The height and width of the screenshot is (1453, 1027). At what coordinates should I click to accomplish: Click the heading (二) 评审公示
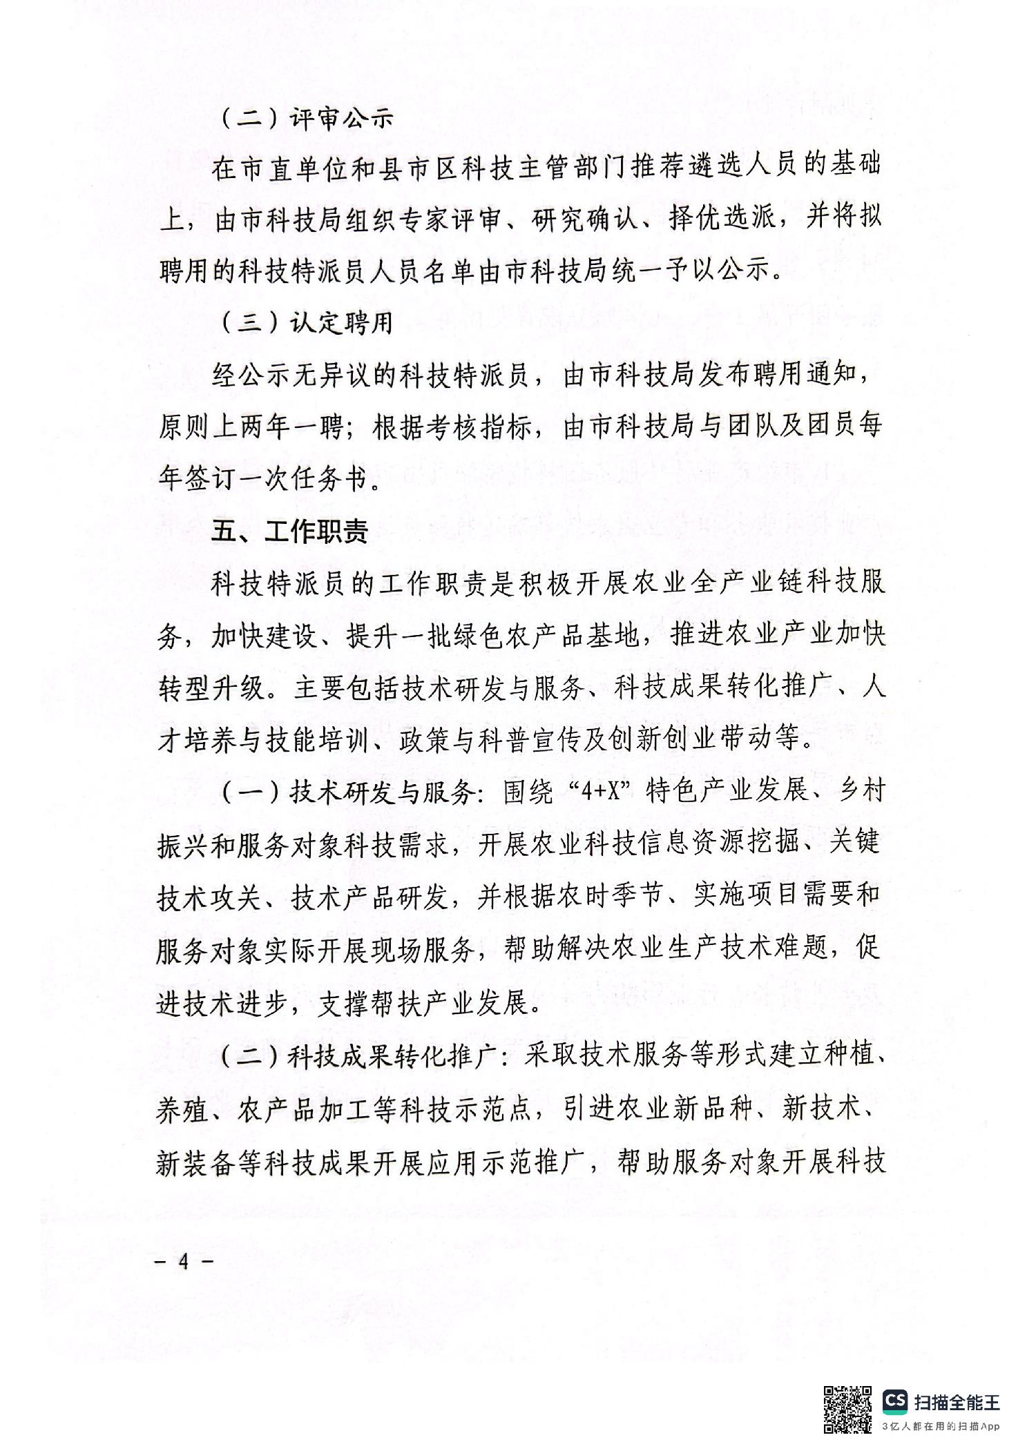[308, 119]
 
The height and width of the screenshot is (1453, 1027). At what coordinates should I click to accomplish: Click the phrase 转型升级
[211, 688]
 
